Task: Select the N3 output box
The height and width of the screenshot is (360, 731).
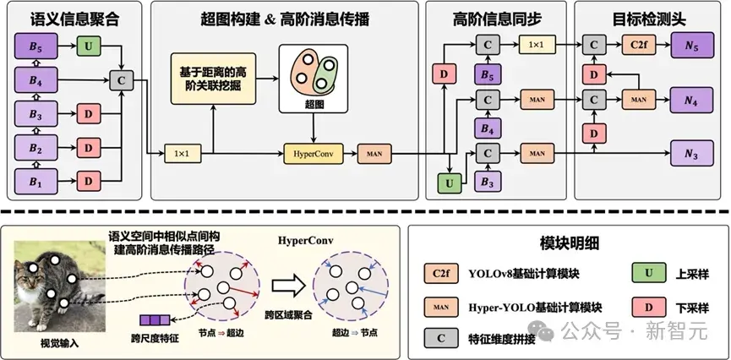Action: click(693, 155)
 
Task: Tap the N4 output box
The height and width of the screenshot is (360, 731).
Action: click(693, 99)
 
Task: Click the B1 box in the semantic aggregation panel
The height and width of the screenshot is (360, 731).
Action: click(34, 181)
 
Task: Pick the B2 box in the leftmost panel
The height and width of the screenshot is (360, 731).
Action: click(34, 147)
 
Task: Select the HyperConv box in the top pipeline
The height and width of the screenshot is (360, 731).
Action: click(314, 155)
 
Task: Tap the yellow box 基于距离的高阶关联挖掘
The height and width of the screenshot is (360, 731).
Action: click(212, 79)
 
